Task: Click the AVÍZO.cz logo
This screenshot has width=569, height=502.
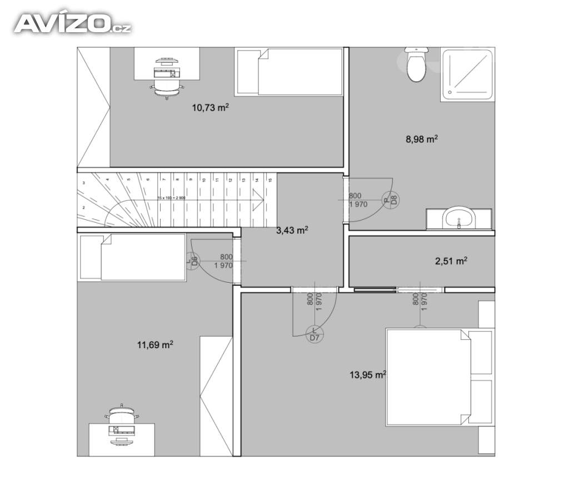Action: coord(72,23)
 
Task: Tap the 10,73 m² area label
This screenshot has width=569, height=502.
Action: coord(210,108)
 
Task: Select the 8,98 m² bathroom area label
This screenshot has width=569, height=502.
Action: coord(422,139)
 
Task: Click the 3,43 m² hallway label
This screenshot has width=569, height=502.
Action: coord(292,230)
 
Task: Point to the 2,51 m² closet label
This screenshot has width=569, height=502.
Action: coord(451,261)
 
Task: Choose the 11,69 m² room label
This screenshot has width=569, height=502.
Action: coord(155,345)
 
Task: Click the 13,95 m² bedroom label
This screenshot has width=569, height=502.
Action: coord(367,375)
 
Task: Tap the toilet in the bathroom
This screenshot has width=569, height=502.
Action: coord(416,66)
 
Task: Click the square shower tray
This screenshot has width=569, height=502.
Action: coord(467,74)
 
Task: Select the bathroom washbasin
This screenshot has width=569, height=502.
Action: coord(459,218)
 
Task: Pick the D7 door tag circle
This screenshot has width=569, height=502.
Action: coord(315,335)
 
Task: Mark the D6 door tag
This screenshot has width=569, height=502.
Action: coord(194,261)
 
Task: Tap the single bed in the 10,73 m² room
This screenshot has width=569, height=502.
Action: coord(289,72)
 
